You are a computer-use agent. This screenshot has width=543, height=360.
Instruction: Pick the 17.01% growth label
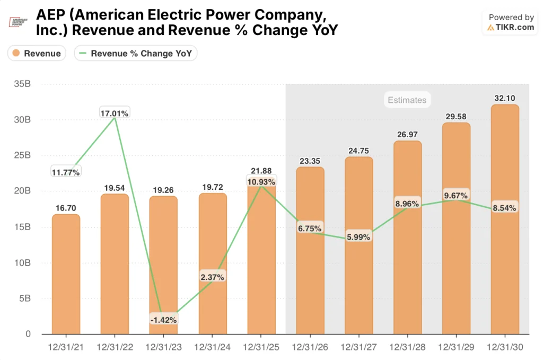(x=115, y=113)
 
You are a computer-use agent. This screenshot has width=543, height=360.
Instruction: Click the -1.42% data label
(x=163, y=319)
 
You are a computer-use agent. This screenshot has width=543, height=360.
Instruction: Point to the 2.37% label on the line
(x=212, y=277)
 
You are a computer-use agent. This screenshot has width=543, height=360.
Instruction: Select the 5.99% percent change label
(x=358, y=237)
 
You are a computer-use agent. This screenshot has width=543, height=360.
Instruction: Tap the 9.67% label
(x=456, y=196)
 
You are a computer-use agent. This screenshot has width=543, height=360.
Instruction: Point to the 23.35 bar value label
(x=310, y=160)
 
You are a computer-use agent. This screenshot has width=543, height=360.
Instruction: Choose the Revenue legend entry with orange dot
(x=37, y=53)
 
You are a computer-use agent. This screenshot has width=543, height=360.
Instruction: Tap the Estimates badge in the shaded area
(x=407, y=100)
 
